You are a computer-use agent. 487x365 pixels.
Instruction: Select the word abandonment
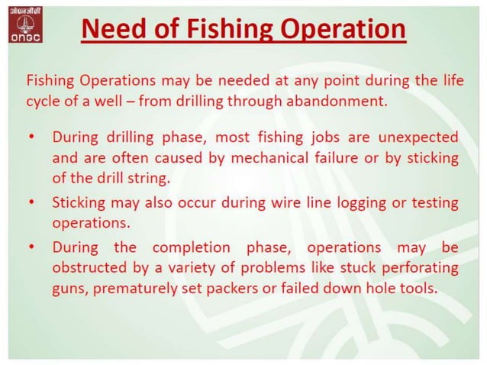(x=348, y=101)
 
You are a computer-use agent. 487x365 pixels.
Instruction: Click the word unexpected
(x=417, y=137)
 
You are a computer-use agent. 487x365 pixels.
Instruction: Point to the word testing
(x=434, y=203)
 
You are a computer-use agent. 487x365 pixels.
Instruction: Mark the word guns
(x=67, y=290)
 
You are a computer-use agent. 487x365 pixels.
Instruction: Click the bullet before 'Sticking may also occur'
(x=31, y=203)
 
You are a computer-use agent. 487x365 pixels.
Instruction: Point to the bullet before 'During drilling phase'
(x=31, y=137)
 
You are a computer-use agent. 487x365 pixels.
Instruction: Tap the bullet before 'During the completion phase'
(x=31, y=247)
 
